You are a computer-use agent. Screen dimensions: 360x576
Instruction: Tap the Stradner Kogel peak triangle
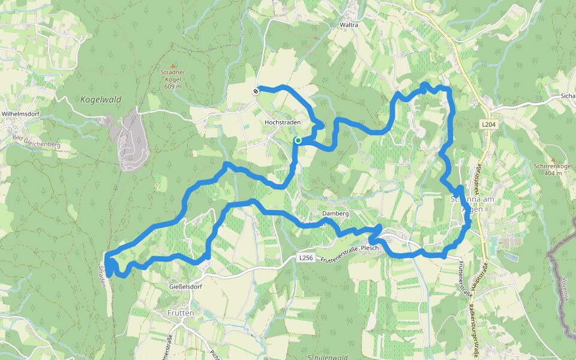pos(173,65)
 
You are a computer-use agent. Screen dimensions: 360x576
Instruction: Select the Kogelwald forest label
pos(100,100)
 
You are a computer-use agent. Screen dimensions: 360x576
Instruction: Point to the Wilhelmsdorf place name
pos(20,113)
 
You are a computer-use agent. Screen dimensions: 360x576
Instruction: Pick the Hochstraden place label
pos(282,122)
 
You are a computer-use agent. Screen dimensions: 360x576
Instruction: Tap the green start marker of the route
pos(298,140)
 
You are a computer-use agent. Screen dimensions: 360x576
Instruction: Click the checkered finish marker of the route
pos(256,91)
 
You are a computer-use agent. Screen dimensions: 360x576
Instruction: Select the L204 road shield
pos(488,124)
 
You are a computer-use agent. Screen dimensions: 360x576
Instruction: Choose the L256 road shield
pos(306,257)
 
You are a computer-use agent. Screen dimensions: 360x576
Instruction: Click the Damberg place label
pos(335,214)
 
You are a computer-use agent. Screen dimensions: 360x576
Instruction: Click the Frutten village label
pos(181,313)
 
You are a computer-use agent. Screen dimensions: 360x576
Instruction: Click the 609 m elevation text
pos(173,86)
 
